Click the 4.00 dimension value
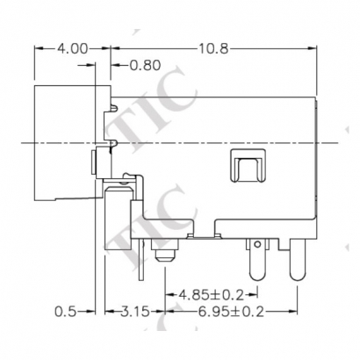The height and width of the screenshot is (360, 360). [72, 49]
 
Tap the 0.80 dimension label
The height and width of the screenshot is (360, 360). [145, 65]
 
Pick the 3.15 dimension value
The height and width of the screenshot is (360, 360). [134, 311]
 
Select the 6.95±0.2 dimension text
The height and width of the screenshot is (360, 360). [229, 311]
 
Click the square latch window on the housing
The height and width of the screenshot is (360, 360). [247, 166]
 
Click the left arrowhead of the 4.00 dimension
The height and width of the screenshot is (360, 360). [37, 49]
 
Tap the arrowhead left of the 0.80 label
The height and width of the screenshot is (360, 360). [115, 65]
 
